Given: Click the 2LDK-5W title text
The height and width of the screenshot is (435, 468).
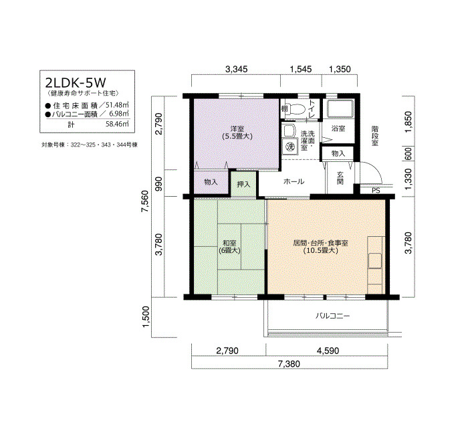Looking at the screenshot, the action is pos(76,82).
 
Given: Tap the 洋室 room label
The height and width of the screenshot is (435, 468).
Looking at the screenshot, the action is pos(237,128).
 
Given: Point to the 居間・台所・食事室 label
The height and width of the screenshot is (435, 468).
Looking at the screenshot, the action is pos(320,243).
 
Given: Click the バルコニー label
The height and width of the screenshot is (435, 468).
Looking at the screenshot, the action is pos(332,316).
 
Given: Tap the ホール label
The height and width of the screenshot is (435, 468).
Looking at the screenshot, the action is pos(294,181).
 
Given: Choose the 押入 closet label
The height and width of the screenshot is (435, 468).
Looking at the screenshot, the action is pos(243,184).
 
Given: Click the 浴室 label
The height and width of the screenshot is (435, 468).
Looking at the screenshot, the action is pos(338,128).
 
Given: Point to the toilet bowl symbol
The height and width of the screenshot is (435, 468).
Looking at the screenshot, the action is pos(298,109).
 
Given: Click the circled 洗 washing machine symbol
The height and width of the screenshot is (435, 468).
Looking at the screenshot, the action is pos(289,147).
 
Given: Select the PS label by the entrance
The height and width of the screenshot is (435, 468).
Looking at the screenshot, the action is pos(376,190).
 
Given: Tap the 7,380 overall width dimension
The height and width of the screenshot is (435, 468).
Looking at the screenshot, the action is pos(289,364).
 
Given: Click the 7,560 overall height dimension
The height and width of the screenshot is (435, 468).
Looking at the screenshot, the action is pos(145,201).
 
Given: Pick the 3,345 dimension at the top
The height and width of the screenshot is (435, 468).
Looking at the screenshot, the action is pos(236,70).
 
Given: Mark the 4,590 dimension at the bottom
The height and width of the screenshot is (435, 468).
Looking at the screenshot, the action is pos(328,351).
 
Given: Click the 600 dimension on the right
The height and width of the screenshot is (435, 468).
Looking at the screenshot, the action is pos(408,153).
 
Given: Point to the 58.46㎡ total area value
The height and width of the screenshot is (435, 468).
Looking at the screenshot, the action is pos(117,124).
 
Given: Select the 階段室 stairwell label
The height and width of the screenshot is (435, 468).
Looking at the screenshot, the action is pos(375,136).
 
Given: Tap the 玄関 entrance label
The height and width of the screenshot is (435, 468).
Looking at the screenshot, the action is pos(340,178).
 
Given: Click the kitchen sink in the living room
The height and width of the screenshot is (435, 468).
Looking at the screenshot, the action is pos(375,260).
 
